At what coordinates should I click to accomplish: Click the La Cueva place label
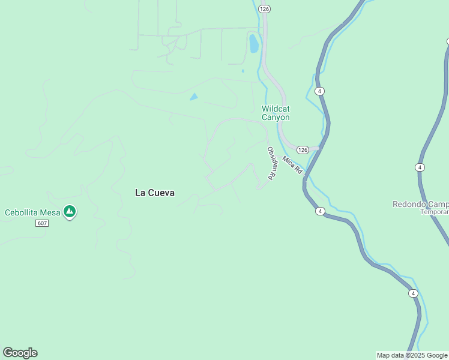pos(155,193)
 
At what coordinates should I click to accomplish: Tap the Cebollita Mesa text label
pos(32,212)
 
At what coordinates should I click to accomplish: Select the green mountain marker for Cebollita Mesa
pos(70,211)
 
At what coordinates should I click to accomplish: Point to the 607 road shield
pos(41,223)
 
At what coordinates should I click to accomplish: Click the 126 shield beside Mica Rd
pos(302,149)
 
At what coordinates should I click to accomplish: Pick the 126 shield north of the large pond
pos(264,9)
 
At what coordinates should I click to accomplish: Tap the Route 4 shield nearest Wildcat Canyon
pos(320,91)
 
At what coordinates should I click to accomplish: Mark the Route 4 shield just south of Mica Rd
pos(321,211)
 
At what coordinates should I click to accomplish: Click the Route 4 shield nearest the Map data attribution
pos(413,293)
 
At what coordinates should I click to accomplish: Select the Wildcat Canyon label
pos(276,113)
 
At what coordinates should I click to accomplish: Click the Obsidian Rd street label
pos(271,163)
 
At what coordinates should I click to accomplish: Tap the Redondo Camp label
pos(420,204)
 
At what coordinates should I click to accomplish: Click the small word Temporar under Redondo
pos(434,212)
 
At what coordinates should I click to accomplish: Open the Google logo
pos(20,353)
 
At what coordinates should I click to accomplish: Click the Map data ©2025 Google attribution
pos(412,355)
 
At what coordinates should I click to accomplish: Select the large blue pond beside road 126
pos(254,43)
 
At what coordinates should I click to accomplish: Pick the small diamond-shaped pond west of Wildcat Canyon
pos(193,97)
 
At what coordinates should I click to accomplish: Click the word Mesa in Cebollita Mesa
pos(50,212)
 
